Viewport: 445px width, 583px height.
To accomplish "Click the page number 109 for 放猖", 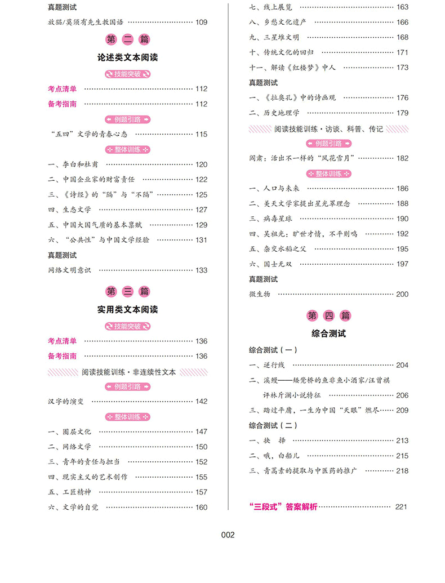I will click(201, 23).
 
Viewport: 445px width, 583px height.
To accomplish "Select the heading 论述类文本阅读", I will click(127, 57).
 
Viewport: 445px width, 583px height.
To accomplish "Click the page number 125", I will click(201, 195).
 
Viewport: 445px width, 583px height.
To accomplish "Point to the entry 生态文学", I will click(70, 210).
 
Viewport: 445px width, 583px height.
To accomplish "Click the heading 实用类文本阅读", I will click(127, 310).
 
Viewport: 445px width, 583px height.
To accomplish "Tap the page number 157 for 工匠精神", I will click(201, 492).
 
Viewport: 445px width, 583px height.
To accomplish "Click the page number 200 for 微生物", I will click(402, 294).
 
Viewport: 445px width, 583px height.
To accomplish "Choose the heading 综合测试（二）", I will click(273, 425).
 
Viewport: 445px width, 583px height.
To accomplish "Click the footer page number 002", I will click(228, 535).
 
